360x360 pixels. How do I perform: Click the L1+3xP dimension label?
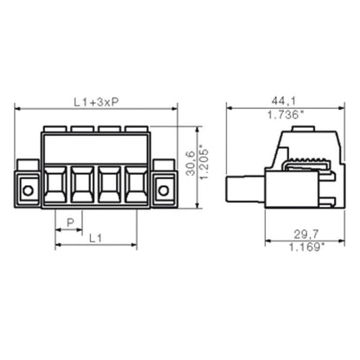(95, 103)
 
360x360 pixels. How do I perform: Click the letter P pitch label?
(70, 222)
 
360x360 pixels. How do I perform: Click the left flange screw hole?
(29, 190)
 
